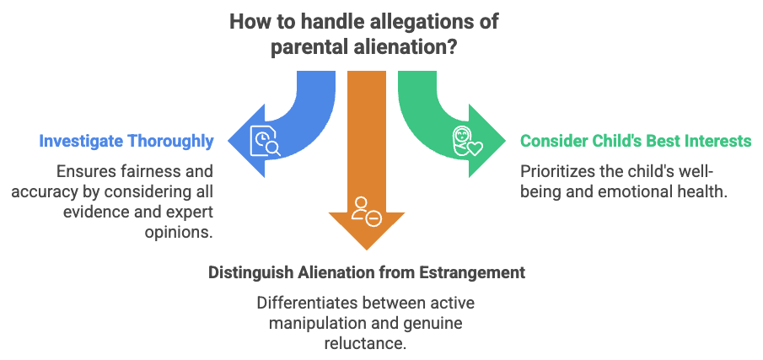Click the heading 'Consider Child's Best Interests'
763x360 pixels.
[x=635, y=141]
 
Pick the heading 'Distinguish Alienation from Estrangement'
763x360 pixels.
[x=367, y=273]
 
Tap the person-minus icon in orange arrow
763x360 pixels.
[x=367, y=209]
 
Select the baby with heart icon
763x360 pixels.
[x=466, y=140]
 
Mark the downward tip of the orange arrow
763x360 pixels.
[x=367, y=250]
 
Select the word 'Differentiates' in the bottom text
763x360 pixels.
[x=299, y=301]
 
